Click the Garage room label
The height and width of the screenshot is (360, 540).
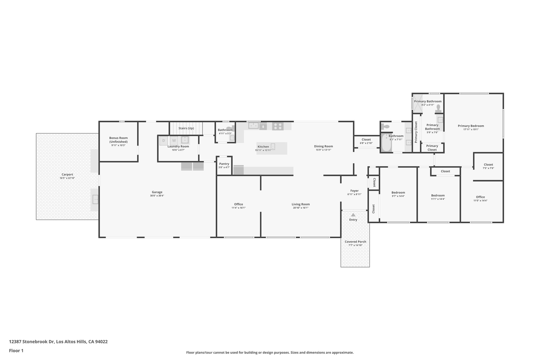point(157,192)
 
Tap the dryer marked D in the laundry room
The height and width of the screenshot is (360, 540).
point(163,141)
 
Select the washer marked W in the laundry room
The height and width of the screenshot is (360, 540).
point(174,141)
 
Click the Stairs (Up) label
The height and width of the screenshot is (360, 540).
point(186,128)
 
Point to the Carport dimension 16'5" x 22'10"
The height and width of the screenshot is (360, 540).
point(67,178)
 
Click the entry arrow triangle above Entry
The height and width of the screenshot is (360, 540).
point(353,215)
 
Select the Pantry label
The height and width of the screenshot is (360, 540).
point(224,164)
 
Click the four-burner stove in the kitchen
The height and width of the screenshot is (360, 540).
point(278,126)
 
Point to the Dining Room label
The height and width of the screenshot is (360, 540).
point(323,146)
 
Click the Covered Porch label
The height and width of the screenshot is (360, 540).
point(355,242)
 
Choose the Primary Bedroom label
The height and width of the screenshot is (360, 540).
point(471,126)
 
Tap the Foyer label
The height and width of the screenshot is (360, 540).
point(354,191)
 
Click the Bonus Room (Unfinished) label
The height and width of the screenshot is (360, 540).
point(118,140)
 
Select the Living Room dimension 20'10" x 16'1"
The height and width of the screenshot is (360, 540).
point(301,208)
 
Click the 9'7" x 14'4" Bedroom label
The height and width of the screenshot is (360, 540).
point(398,193)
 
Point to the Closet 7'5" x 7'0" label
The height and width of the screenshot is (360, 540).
point(488,165)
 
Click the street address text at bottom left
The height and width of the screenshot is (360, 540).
point(58,342)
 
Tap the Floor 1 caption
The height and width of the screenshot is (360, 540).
point(16,351)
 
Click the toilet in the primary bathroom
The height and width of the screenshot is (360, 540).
point(438,108)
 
